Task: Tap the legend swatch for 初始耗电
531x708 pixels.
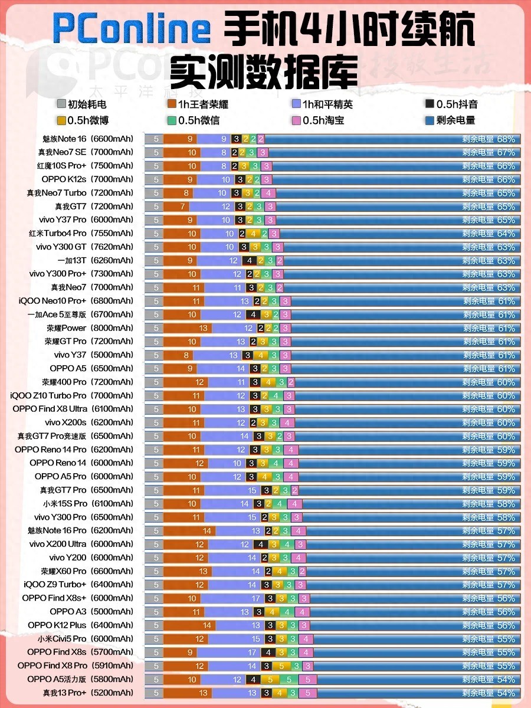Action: (x=61, y=104)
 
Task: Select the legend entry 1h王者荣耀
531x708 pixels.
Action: (x=198, y=104)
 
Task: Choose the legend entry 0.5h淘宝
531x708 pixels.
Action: (x=323, y=120)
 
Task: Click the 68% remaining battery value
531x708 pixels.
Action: (x=506, y=139)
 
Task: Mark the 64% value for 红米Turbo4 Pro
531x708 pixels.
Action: (x=506, y=233)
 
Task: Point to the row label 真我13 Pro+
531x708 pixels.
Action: (x=88, y=693)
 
